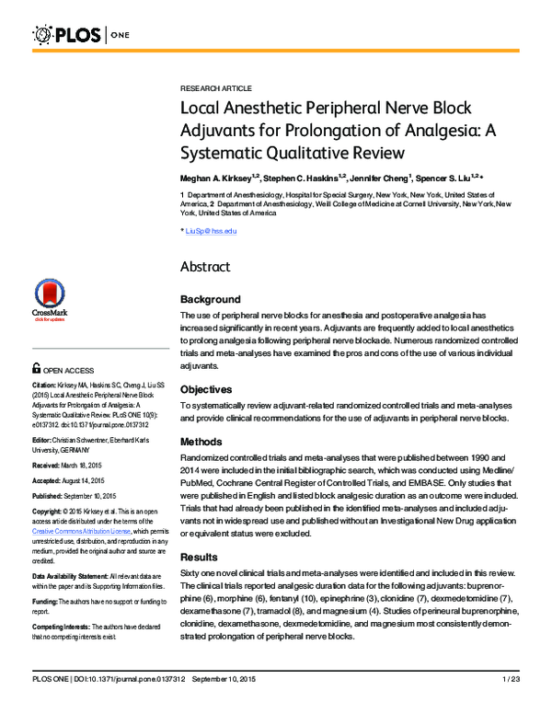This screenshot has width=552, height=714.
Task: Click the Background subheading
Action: [211, 299]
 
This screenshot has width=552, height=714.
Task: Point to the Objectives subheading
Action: [207, 388]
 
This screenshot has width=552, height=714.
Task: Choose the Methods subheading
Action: [201, 442]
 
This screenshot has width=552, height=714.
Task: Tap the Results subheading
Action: [199, 558]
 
